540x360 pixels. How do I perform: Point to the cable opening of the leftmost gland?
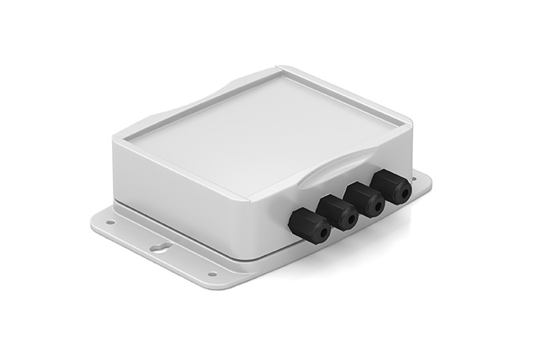point(322,234)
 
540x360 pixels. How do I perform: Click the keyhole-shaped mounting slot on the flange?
point(160,248)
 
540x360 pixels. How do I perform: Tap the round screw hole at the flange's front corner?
point(212,274)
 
